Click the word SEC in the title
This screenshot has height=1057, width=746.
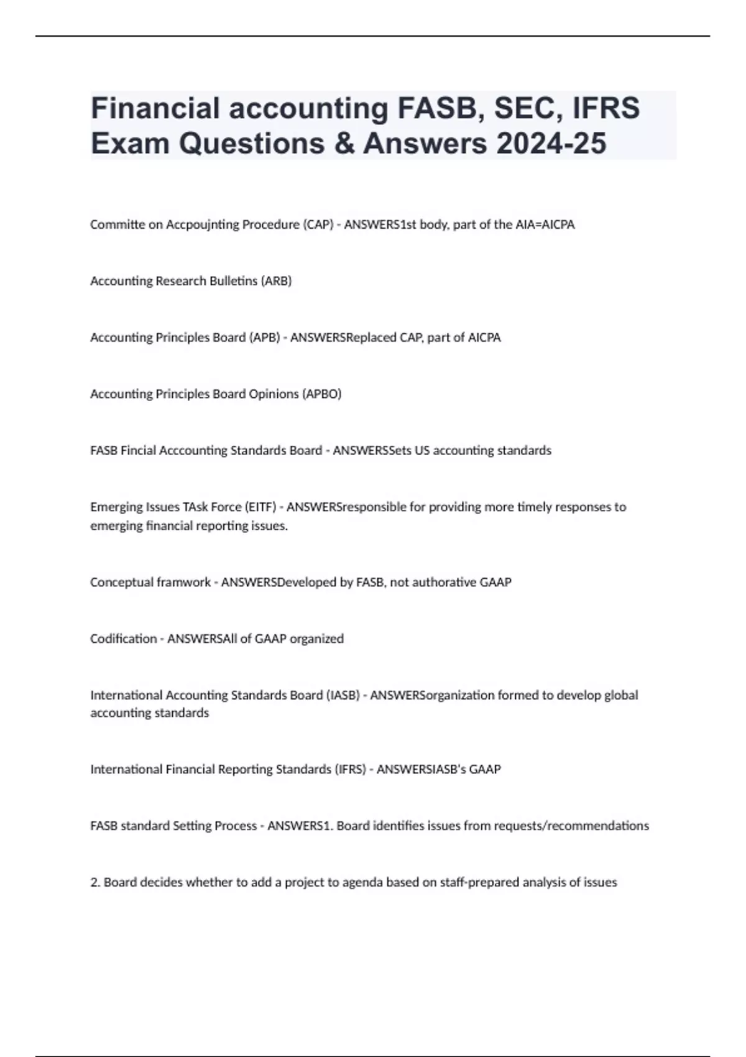pyautogui.click(x=523, y=108)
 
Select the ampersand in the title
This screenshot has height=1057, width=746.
pyautogui.click(x=341, y=144)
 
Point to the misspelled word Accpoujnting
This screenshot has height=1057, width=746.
pyautogui.click(x=203, y=224)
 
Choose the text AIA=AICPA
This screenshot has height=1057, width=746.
pyautogui.click(x=545, y=224)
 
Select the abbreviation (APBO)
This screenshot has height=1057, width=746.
pyautogui.click(x=321, y=394)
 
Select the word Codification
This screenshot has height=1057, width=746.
pyautogui.click(x=123, y=639)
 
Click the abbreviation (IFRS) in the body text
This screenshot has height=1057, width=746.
pyautogui.click(x=350, y=769)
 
